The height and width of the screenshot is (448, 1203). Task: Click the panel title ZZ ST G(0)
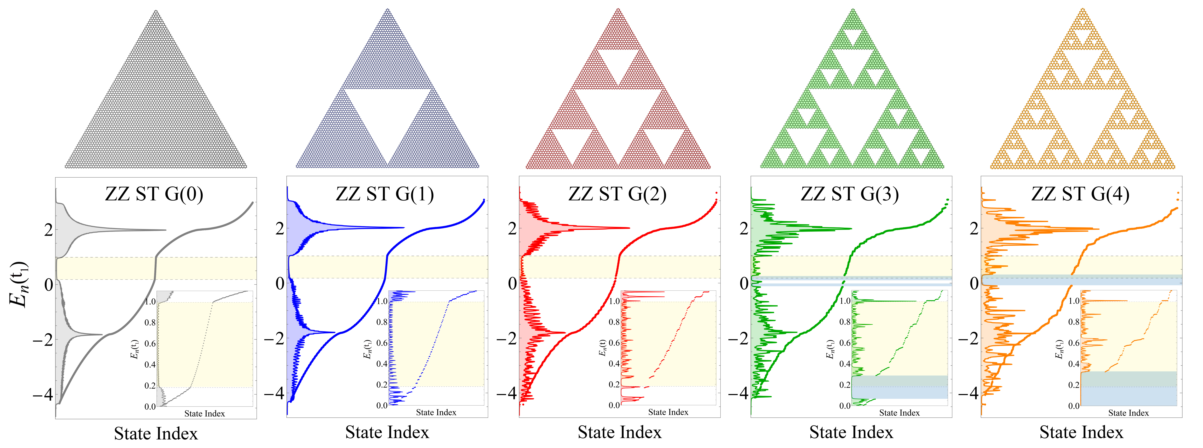[x=154, y=194]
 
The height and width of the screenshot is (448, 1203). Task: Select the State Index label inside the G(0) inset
[x=205, y=413]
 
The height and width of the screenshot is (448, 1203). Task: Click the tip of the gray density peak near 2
[x=165, y=230]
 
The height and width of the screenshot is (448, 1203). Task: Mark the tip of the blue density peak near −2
[x=334, y=332]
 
